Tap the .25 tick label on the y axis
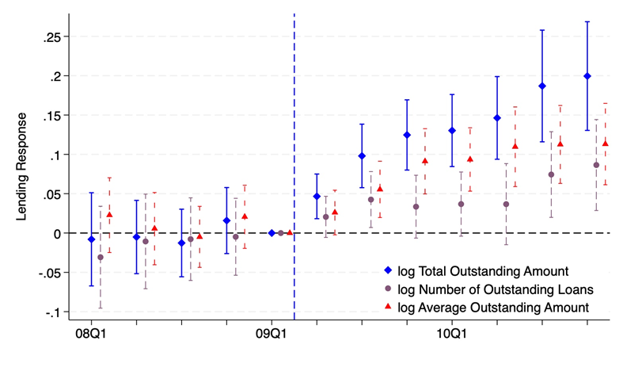pyautogui.click(x=52, y=36)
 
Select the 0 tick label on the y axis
pyautogui.click(x=57, y=233)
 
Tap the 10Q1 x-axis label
pyautogui.click(x=452, y=332)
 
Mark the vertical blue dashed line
pyautogui.click(x=294, y=119)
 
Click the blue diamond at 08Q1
pyautogui.click(x=91, y=239)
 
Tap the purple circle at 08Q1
pyautogui.click(x=101, y=258)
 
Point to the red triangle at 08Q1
pyautogui.click(x=109, y=215)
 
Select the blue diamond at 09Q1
pyautogui.click(x=272, y=233)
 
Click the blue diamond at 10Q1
pyautogui.click(x=452, y=130)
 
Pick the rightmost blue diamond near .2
pyautogui.click(x=587, y=76)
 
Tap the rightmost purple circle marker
pyautogui.click(x=596, y=165)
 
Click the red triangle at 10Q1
pyautogui.click(x=470, y=159)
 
